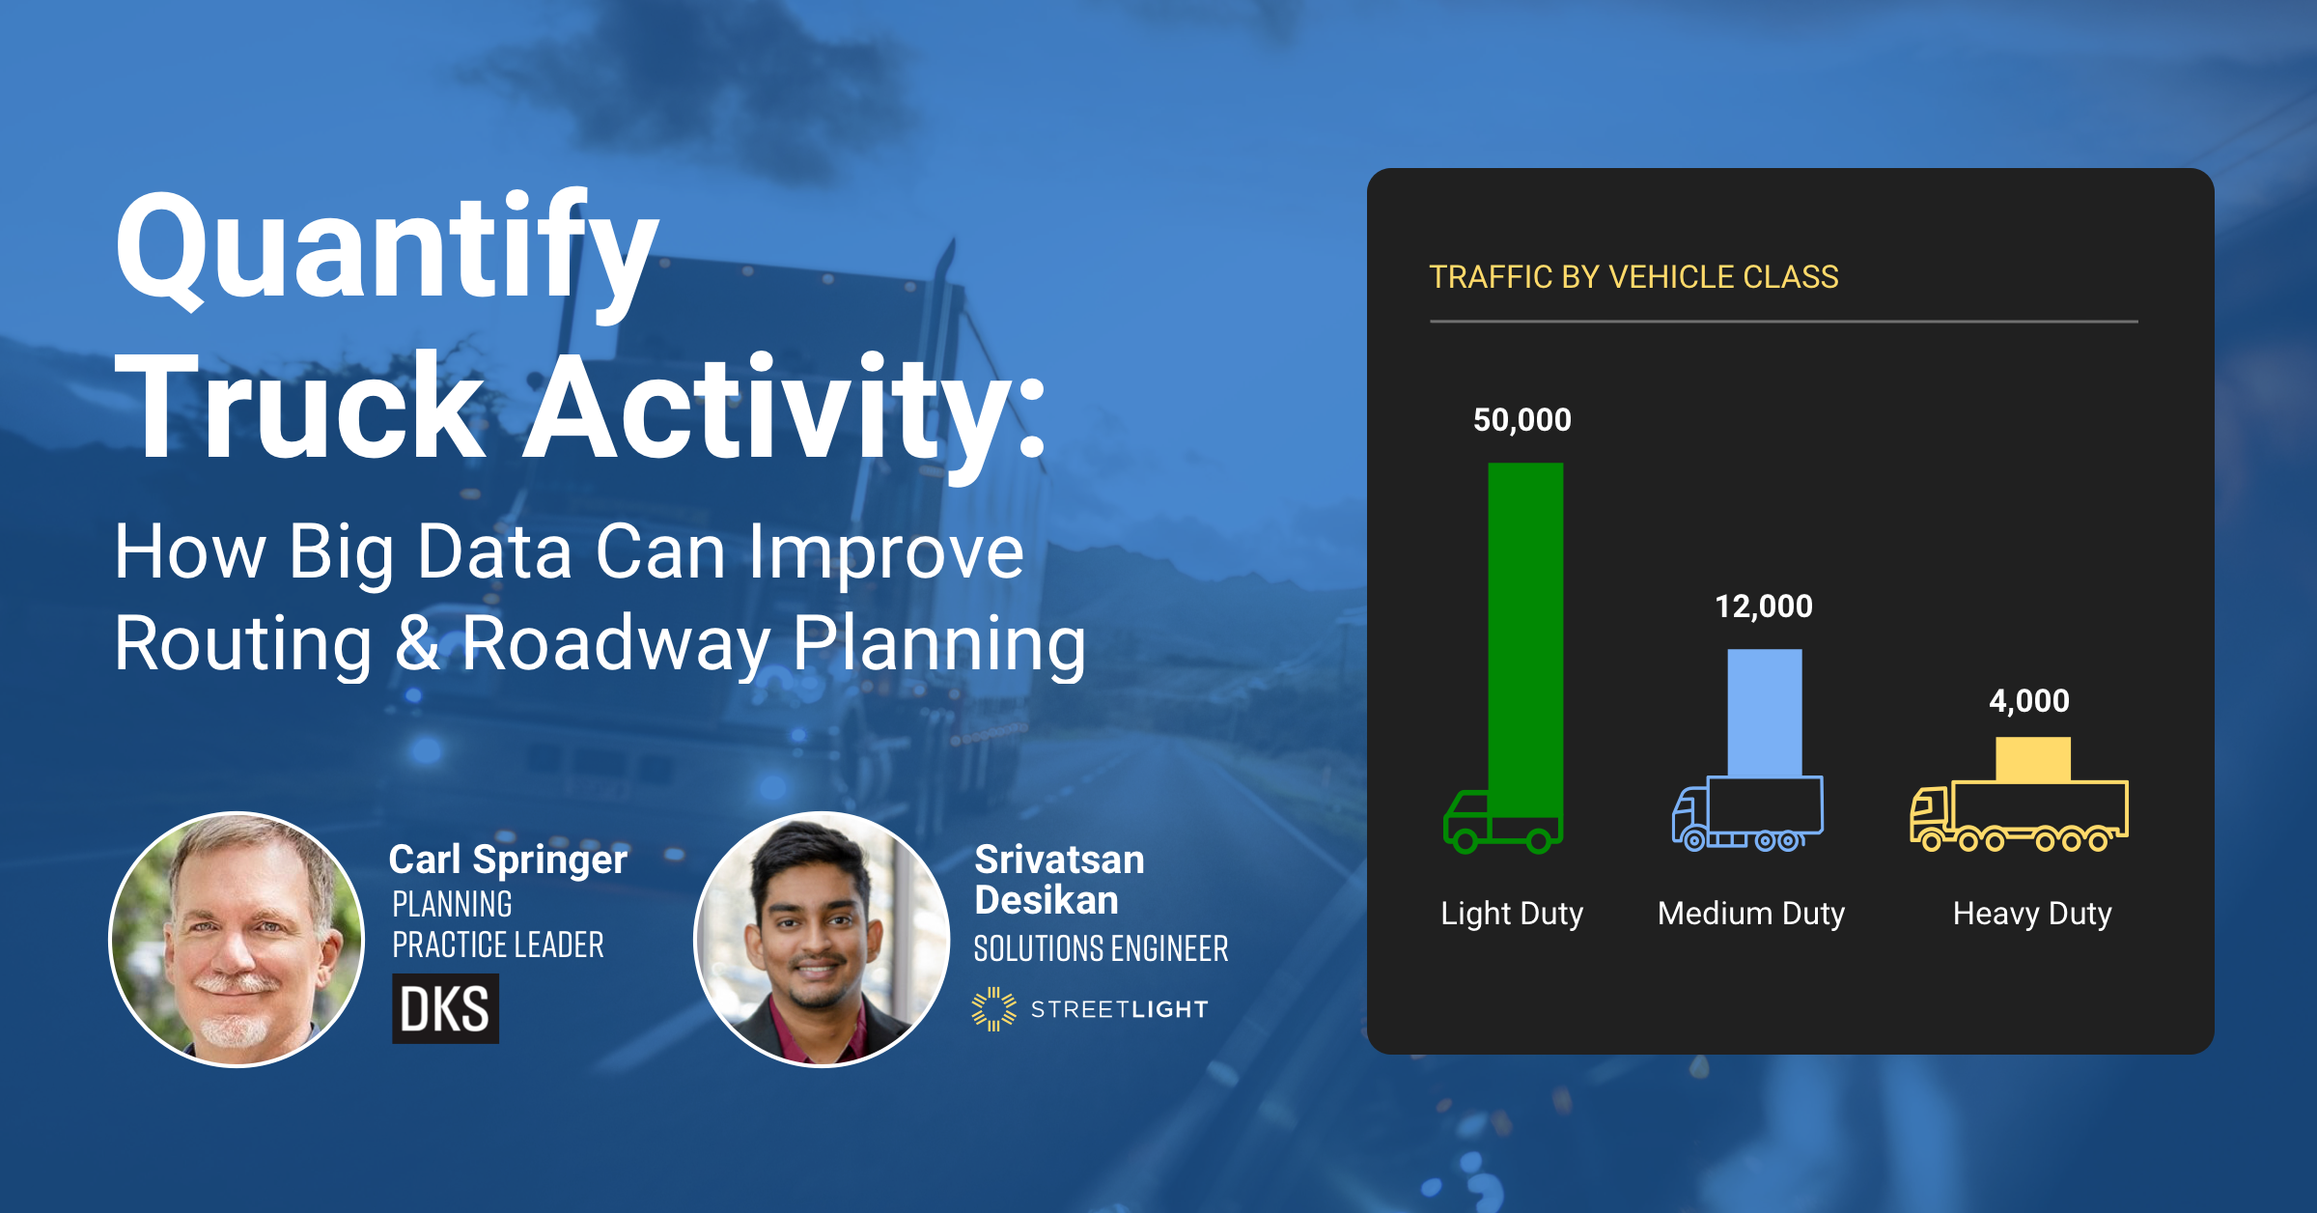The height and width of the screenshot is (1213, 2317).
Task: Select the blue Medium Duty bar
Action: (x=1764, y=712)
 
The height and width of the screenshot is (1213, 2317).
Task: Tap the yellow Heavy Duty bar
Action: (x=2032, y=759)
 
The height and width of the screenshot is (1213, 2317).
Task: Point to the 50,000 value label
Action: (x=1521, y=420)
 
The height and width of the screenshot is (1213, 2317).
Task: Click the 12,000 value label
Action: (x=1763, y=606)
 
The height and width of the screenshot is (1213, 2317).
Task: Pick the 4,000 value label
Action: (x=2028, y=701)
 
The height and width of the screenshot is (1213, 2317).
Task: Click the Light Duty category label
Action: (x=1512, y=913)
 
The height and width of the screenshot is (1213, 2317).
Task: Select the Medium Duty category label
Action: (x=1750, y=913)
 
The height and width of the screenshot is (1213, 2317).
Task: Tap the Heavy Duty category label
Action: (x=2032, y=913)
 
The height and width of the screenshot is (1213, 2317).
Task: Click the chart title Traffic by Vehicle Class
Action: (x=1633, y=277)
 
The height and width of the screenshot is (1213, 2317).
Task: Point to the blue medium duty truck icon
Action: (x=1747, y=815)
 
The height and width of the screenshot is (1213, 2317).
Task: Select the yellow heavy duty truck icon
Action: (x=2019, y=817)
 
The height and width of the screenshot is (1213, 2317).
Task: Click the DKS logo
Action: (x=445, y=1009)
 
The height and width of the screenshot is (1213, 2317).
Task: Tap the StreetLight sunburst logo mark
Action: (x=993, y=1009)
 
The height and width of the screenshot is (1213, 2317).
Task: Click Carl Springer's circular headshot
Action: (x=237, y=939)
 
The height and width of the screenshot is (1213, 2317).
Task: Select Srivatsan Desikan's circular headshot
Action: (x=822, y=939)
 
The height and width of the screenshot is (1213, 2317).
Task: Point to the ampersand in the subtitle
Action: (x=417, y=643)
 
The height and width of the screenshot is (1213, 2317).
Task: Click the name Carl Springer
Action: (x=508, y=860)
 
